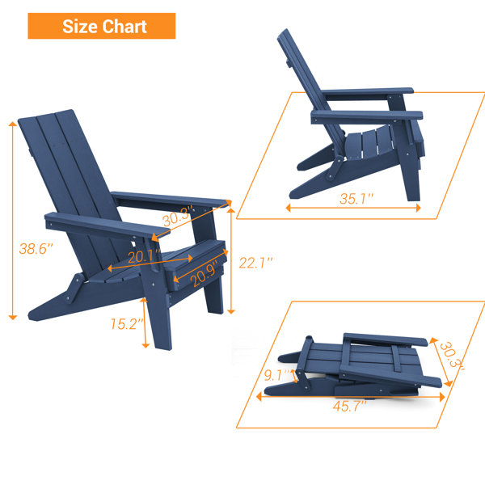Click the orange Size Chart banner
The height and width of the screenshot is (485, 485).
tap(102, 26)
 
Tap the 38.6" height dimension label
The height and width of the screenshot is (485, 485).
tap(36, 249)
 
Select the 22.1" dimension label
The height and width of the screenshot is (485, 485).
tap(255, 263)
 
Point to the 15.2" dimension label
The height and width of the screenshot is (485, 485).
tap(127, 324)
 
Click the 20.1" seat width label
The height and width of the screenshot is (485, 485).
tap(145, 256)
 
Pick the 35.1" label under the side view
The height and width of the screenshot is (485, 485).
tap(356, 199)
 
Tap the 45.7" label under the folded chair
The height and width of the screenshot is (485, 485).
tap(349, 406)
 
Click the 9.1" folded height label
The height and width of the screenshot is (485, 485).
tap(277, 375)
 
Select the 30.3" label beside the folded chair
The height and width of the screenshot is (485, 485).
tap(452, 356)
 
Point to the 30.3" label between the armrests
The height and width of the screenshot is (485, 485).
tap(178, 216)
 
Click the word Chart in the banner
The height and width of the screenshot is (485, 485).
tap(124, 27)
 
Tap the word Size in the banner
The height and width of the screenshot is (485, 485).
tap(81, 27)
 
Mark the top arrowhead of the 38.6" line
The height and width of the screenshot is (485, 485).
tap(13, 124)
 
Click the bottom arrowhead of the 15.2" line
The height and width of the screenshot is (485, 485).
tap(145, 345)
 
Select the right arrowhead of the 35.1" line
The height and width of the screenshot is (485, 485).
tap(418, 208)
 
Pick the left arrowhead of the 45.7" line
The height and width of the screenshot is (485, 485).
tap(259, 397)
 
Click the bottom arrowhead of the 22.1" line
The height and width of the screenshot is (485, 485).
tap(231, 311)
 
